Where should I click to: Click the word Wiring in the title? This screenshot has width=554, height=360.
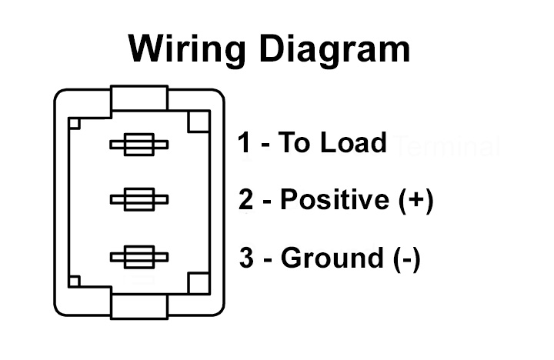point(188,48)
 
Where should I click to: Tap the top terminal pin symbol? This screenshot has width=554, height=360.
point(139,144)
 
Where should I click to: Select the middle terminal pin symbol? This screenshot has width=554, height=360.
point(139,200)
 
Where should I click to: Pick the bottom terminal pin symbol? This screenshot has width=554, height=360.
point(139,257)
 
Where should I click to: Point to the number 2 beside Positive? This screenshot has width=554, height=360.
point(246,200)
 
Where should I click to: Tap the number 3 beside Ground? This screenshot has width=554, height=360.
point(246,258)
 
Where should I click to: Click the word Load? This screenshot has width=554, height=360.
point(353,143)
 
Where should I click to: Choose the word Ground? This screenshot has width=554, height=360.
point(330,258)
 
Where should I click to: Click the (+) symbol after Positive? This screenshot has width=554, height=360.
point(417,200)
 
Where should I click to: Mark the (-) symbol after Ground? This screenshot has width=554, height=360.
point(404,258)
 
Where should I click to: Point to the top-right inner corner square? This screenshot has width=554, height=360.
point(199,121)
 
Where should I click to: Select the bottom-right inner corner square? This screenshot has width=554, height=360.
point(199,282)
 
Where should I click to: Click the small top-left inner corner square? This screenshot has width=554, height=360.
point(74,122)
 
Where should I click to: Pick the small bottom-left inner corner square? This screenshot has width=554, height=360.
point(74,282)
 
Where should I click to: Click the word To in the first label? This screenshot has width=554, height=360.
point(292,143)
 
